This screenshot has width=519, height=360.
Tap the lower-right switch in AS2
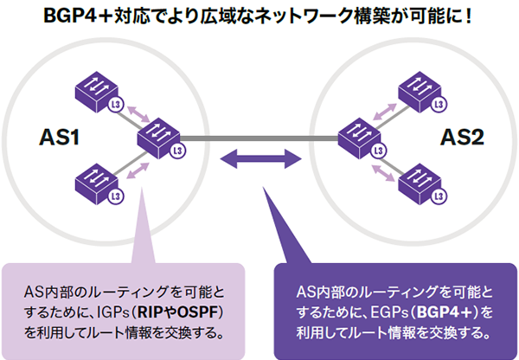tap(421, 181)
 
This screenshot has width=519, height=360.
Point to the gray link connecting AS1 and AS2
tap(259, 137)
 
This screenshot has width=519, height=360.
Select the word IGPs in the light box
tap(110, 312)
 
